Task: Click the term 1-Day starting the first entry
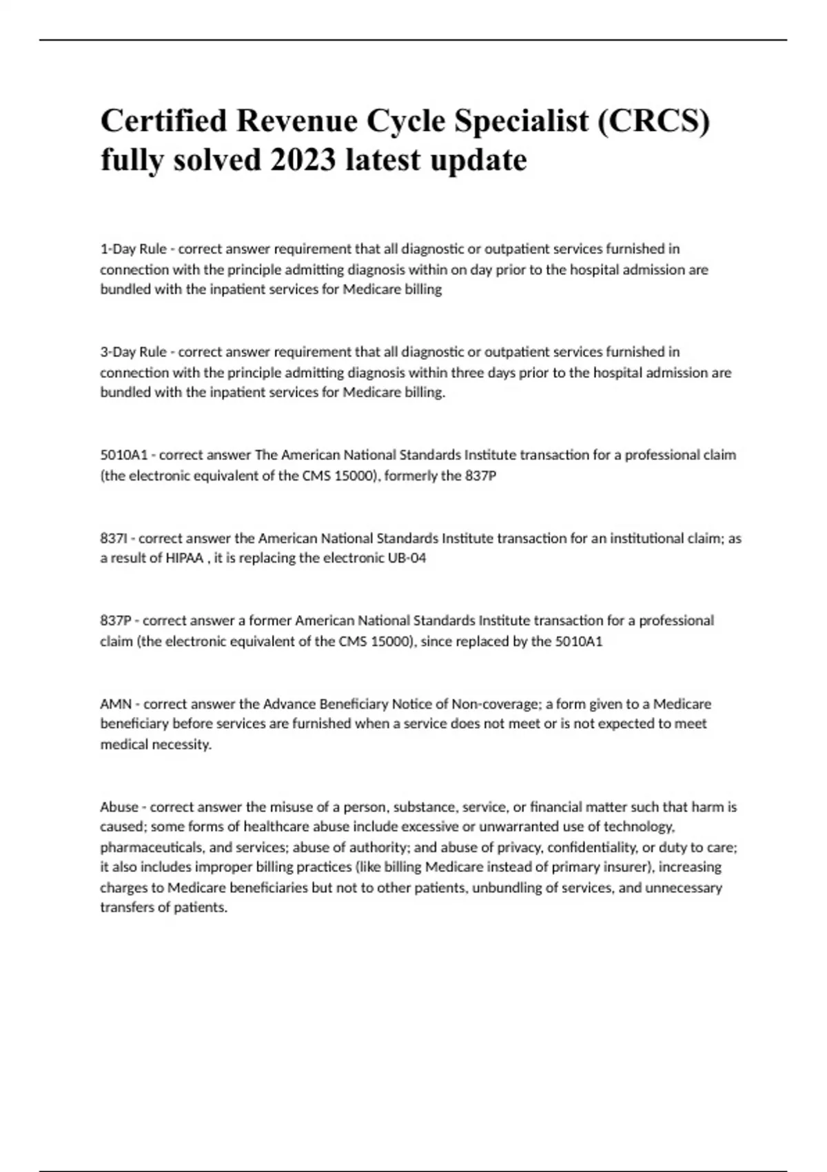click(x=118, y=249)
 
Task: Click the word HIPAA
click(x=184, y=558)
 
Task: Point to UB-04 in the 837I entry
click(x=408, y=558)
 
